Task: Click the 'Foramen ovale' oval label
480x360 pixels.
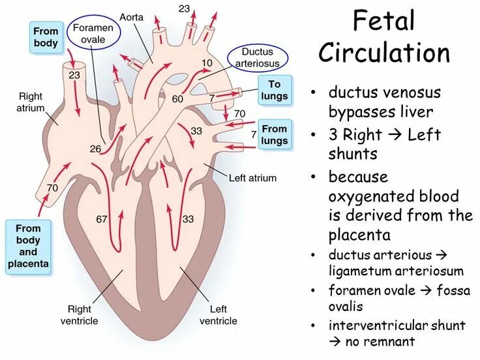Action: [x=93, y=33]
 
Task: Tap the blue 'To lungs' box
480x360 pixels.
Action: [x=274, y=89]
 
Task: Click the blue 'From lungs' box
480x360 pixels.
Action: [x=275, y=135]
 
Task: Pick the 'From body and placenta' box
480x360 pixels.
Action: [x=28, y=247]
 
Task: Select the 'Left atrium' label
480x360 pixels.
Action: [x=252, y=177]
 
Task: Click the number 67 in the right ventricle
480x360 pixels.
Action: [x=101, y=219]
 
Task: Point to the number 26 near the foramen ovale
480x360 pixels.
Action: [x=95, y=149]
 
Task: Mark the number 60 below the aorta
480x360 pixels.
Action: [x=177, y=99]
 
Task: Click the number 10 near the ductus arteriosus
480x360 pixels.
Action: [x=207, y=63]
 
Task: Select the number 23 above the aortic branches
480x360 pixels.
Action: [x=184, y=8]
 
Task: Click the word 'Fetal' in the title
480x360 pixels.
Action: [x=383, y=21]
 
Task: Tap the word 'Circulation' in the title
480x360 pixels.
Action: [x=384, y=53]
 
